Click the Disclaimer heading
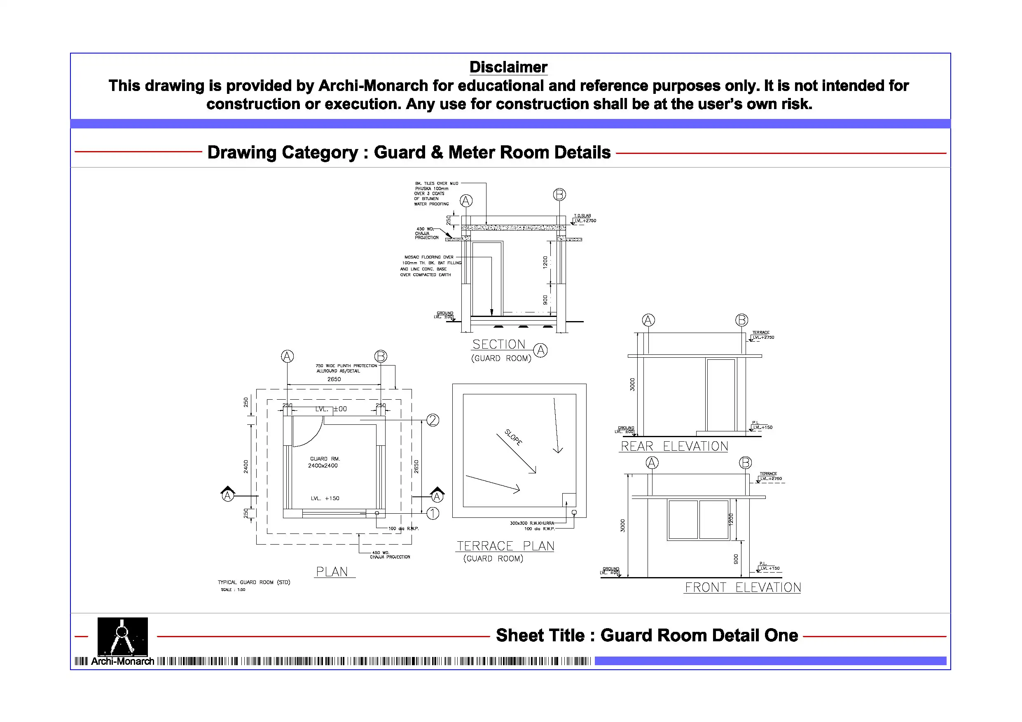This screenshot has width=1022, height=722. tap(508, 67)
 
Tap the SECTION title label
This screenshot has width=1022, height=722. tap(498, 344)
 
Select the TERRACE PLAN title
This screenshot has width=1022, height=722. tap(505, 546)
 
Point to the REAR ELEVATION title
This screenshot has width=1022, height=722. tap(674, 446)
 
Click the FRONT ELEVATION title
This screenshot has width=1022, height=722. tap(742, 587)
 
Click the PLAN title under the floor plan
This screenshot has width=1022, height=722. tap(332, 572)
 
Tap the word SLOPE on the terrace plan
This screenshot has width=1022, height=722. tap(513, 437)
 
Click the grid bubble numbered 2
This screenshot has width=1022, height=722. tap(433, 420)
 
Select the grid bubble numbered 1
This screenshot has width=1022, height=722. tap(433, 513)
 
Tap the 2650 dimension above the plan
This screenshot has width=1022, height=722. tap(334, 380)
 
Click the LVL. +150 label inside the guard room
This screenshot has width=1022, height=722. tap(325, 498)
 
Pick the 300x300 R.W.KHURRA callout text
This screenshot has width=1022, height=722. tap(532, 523)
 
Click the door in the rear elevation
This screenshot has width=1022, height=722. tap(720, 395)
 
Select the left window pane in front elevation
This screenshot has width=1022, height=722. tap(683, 519)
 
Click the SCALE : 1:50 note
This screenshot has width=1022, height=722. tap(233, 590)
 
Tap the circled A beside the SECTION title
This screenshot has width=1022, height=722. tap(540, 350)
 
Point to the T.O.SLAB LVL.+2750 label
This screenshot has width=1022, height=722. tap(584, 219)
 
